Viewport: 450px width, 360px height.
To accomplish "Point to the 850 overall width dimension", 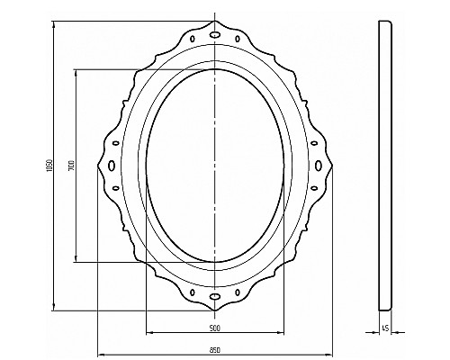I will click(214, 350).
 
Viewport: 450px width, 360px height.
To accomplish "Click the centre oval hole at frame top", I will click(215, 33).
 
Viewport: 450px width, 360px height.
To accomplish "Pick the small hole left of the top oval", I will click(196, 39).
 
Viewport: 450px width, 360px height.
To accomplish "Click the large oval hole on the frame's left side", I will click(110, 165).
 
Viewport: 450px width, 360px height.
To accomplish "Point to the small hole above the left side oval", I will click(115, 143).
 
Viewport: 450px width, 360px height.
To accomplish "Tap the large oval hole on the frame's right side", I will click(320, 165).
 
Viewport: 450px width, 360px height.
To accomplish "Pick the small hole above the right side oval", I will click(315, 143).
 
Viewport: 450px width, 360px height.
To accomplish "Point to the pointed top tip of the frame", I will click(215, 18).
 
